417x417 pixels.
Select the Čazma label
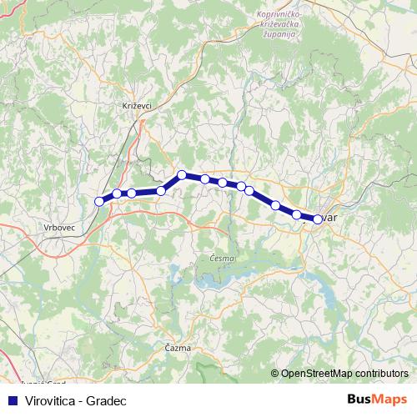pyautogui.click(x=178, y=347)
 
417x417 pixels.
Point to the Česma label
pyautogui.click(x=223, y=259)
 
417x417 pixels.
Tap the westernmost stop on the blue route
pyautogui.click(x=99, y=201)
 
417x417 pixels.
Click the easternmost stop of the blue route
pyautogui.click(x=317, y=219)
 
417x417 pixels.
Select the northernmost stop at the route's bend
pyautogui.click(x=181, y=175)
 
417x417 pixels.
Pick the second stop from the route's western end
pyautogui.click(x=117, y=194)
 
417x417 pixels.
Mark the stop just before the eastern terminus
pyautogui.click(x=296, y=215)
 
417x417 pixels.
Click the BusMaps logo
pyautogui.click(x=378, y=400)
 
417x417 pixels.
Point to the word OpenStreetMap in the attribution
pyautogui.click(x=317, y=374)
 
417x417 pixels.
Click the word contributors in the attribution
pyautogui.click(x=380, y=374)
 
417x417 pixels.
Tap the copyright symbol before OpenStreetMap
pyautogui.click(x=275, y=374)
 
